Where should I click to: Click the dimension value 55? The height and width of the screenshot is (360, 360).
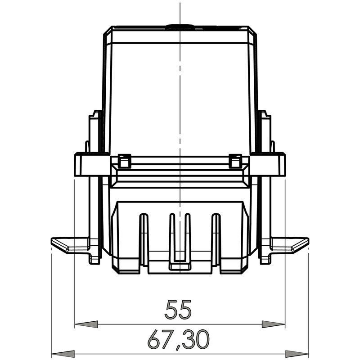coord(179,310)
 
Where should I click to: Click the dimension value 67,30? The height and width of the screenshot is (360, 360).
coord(179,340)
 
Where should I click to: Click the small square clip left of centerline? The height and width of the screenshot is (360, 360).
coord(124,161)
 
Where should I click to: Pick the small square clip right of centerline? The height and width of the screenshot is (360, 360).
coord(235,161)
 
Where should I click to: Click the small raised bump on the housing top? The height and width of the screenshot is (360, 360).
coord(180,27)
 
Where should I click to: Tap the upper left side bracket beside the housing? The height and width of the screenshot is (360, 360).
coord(95,130)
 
